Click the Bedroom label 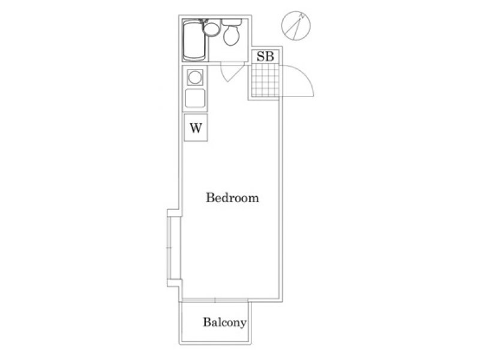232,198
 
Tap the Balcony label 224,322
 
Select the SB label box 265,56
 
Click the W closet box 196,127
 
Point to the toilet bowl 232,35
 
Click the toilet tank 232,22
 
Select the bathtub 194,40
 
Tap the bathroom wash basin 211,29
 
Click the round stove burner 195,77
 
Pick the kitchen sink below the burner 195,98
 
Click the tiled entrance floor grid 265,80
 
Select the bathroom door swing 233,73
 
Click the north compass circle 296,25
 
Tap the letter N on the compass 302,16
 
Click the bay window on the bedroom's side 170,248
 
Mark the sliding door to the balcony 215,301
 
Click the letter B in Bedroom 210,197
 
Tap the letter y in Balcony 243,324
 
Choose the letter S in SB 260,56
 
